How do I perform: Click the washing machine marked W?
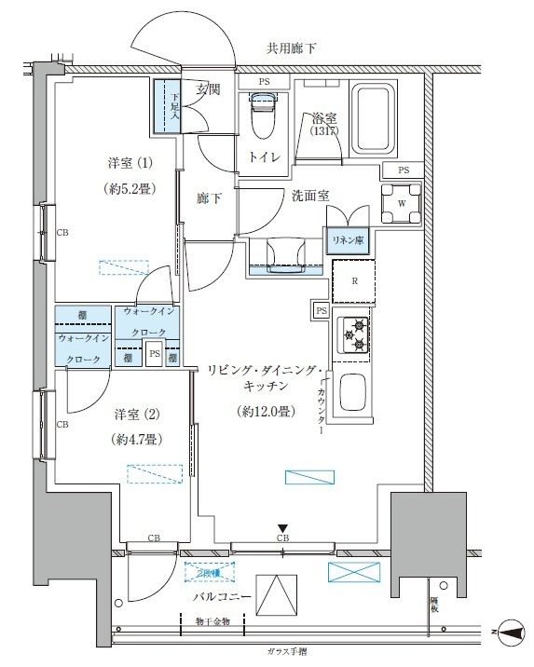(401, 204)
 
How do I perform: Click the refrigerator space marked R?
(354, 281)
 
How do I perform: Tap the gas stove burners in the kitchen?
(355, 335)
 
